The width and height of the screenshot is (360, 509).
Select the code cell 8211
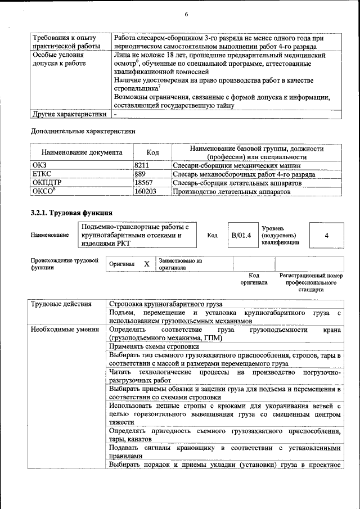pos(141,166)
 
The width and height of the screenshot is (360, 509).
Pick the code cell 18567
pos(143,183)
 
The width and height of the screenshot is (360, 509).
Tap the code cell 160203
pos(145,191)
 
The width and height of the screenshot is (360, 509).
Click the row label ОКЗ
pos(40,166)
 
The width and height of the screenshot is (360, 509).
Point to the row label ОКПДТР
pos(47,183)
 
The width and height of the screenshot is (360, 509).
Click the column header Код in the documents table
pos(152,152)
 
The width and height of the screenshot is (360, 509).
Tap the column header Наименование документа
pos(82,152)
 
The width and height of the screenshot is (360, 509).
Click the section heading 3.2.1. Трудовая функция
pos(71,213)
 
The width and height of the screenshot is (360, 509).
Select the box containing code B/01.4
pos(241,235)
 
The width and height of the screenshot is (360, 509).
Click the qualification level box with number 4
pos(326,235)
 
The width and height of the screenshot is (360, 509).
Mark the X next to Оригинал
pos(146,264)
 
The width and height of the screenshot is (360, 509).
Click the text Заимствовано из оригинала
pos(180,264)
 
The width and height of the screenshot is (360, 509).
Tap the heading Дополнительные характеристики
pos(83,132)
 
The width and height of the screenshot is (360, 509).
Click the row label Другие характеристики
pos(69,114)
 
